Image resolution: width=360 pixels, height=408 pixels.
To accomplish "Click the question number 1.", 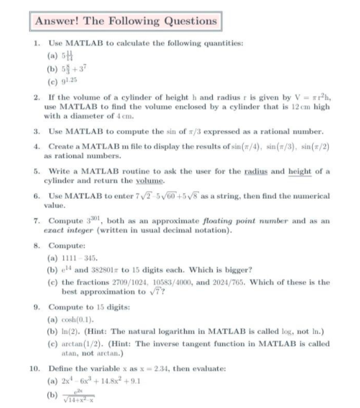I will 36,43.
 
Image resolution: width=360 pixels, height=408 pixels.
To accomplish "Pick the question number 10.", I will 35,367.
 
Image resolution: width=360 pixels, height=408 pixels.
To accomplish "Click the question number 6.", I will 36,195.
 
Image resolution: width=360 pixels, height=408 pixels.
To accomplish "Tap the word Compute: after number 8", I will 63,245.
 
